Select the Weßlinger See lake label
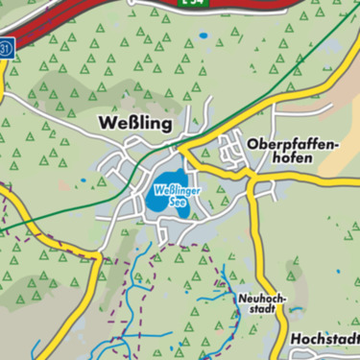coord(169,195)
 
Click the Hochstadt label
coord(324,341)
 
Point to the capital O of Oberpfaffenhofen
coord(252,144)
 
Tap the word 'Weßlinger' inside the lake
coord(169,190)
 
